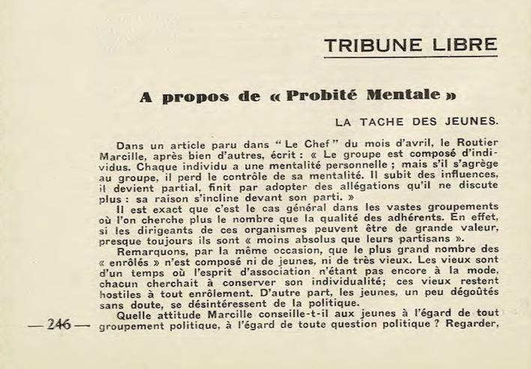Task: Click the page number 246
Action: pos(58,325)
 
